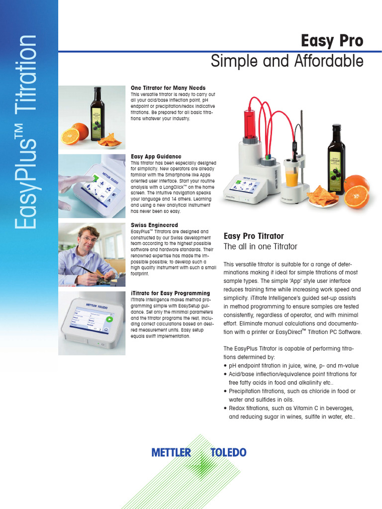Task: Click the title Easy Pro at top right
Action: tap(332, 41)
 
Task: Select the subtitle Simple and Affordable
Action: tap(287, 62)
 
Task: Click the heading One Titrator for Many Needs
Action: tap(168, 88)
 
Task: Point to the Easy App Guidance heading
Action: tap(156, 157)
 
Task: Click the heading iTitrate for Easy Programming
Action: tap(170, 293)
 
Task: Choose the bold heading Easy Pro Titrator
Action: tap(254, 236)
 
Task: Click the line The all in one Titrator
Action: tap(260, 247)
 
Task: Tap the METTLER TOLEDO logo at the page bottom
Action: tap(198, 452)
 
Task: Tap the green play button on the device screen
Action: tap(109, 320)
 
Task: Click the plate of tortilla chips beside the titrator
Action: tap(322, 198)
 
